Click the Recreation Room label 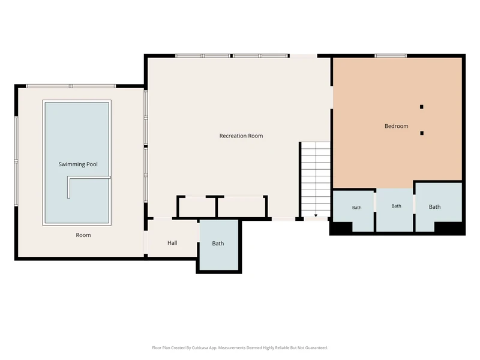click(241, 136)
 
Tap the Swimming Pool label click(78, 164)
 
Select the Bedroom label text click(397, 126)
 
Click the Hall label click(172, 243)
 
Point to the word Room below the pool click(83, 235)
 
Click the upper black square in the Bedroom click(422, 107)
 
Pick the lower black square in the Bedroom click(422, 133)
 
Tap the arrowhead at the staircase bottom click(316, 216)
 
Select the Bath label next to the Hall click(218, 244)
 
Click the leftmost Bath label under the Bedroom click(356, 208)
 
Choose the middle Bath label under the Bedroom click(396, 206)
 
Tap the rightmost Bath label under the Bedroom click(434, 207)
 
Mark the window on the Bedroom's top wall click(391, 56)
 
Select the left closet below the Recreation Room click(197, 207)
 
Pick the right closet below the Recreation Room click(242, 207)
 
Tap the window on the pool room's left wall click(16, 161)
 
